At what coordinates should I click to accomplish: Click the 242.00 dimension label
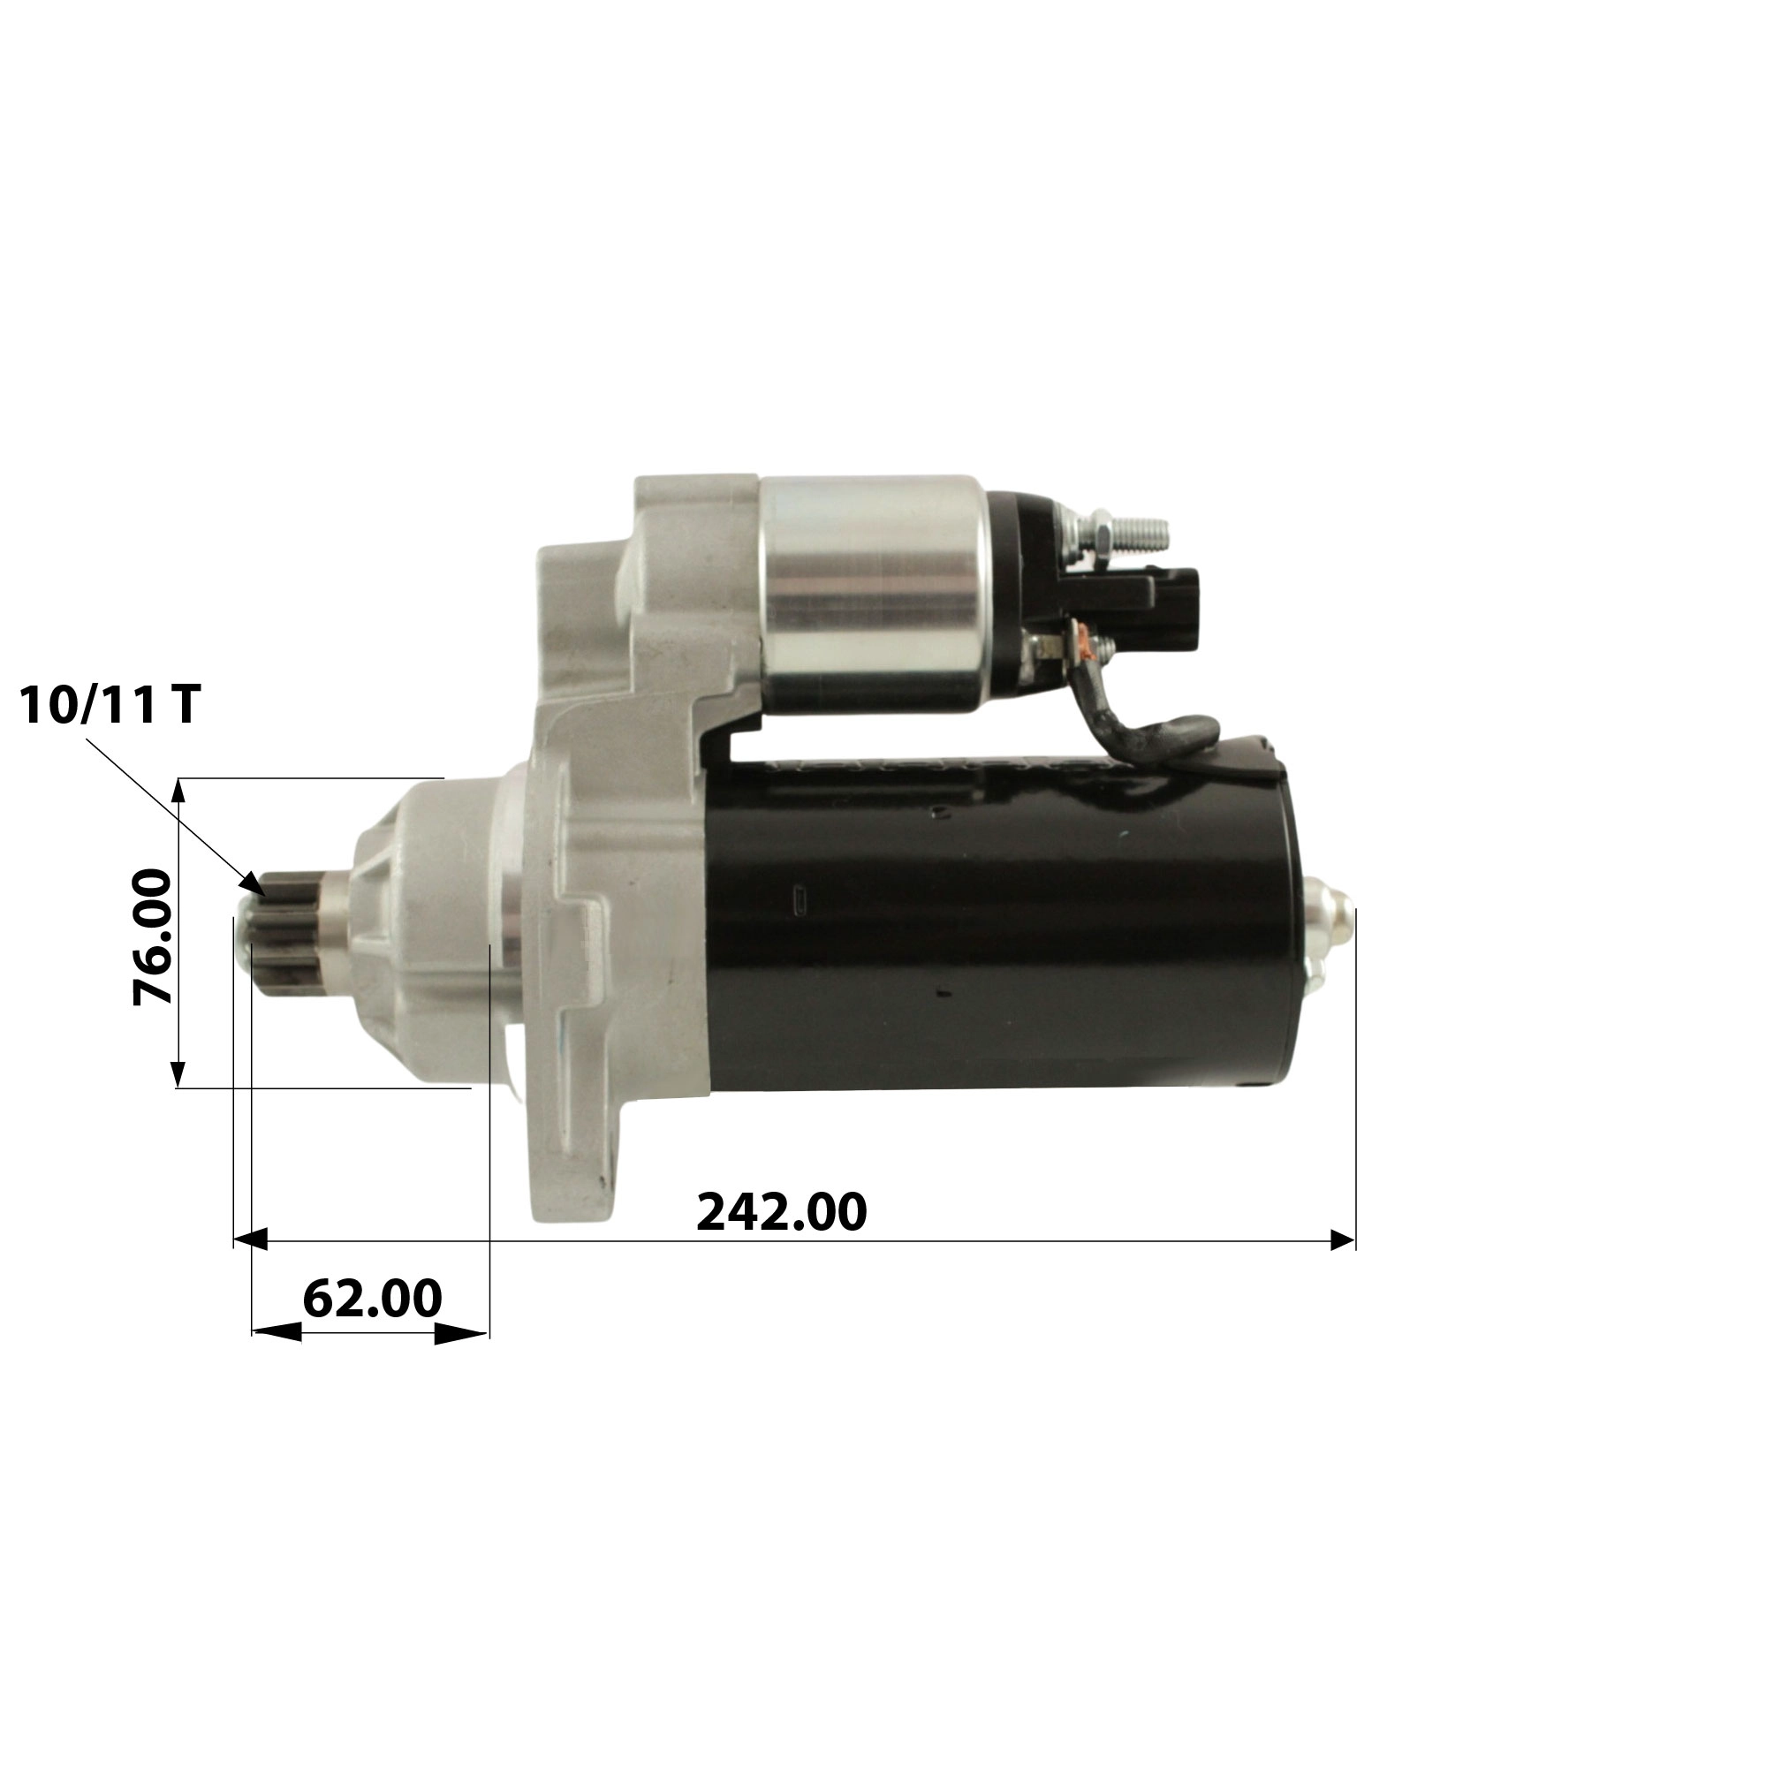(782, 1213)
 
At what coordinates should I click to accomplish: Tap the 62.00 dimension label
(372, 1298)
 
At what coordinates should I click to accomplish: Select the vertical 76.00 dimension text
(153, 937)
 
